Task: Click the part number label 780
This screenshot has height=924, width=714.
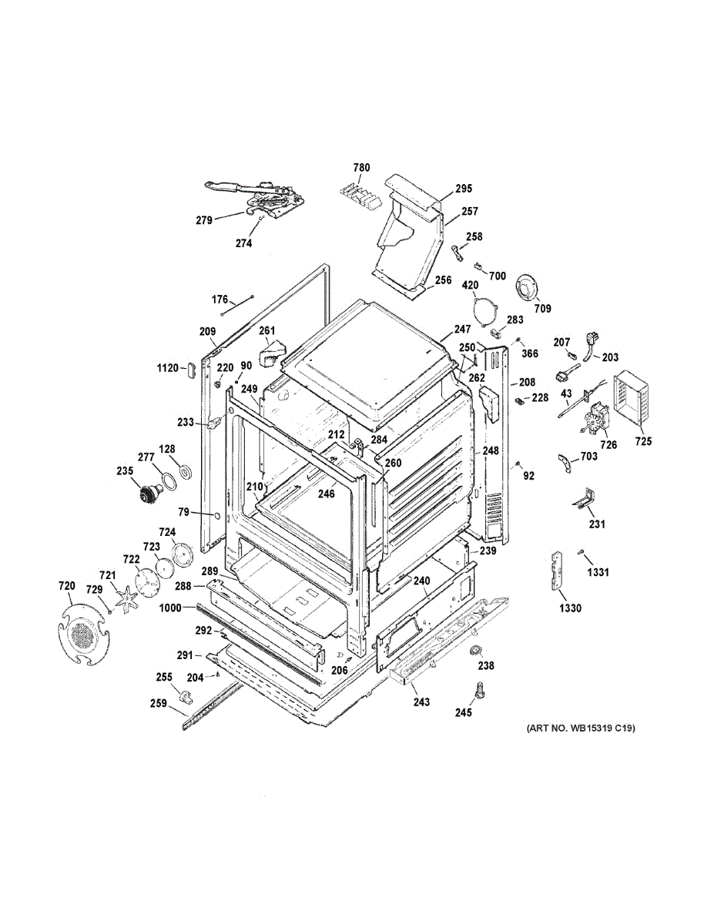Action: [x=361, y=167]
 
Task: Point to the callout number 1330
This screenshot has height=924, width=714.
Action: [x=571, y=608]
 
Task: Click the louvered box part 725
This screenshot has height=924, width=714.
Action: [x=633, y=400]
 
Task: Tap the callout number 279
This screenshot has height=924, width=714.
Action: [x=203, y=220]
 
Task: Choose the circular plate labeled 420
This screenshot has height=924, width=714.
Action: [x=484, y=311]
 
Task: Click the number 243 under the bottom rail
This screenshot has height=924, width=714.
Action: [x=421, y=702]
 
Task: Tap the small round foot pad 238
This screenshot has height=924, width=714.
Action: [x=476, y=652]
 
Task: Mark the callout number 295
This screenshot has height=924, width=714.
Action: [x=463, y=189]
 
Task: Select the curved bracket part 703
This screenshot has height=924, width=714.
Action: [x=567, y=464]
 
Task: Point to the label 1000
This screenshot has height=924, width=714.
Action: [x=170, y=608]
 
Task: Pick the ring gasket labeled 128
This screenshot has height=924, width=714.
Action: [x=183, y=470]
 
